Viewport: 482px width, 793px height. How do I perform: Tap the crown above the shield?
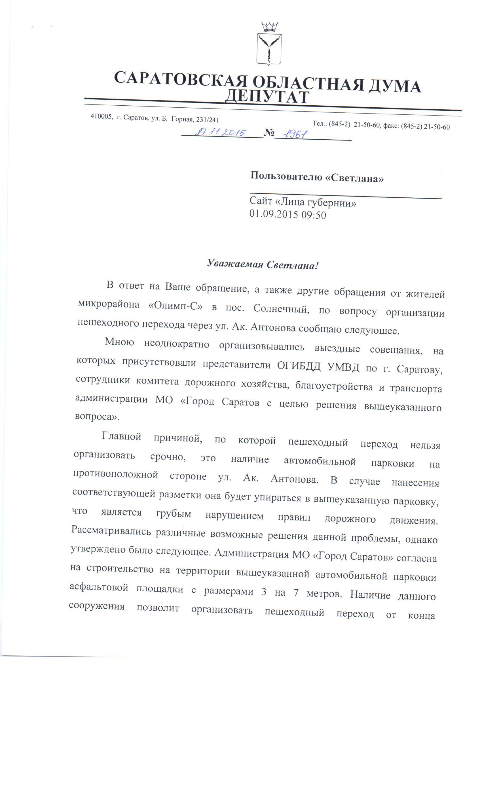(x=269, y=27)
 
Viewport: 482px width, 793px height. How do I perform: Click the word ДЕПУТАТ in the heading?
(x=267, y=97)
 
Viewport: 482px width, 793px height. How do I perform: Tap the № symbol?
(x=269, y=132)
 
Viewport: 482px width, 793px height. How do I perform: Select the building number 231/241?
(x=208, y=120)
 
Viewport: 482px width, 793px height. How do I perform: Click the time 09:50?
(x=314, y=215)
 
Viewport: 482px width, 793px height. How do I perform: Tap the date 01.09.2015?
(x=274, y=214)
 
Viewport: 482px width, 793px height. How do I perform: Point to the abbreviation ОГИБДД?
(x=298, y=366)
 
